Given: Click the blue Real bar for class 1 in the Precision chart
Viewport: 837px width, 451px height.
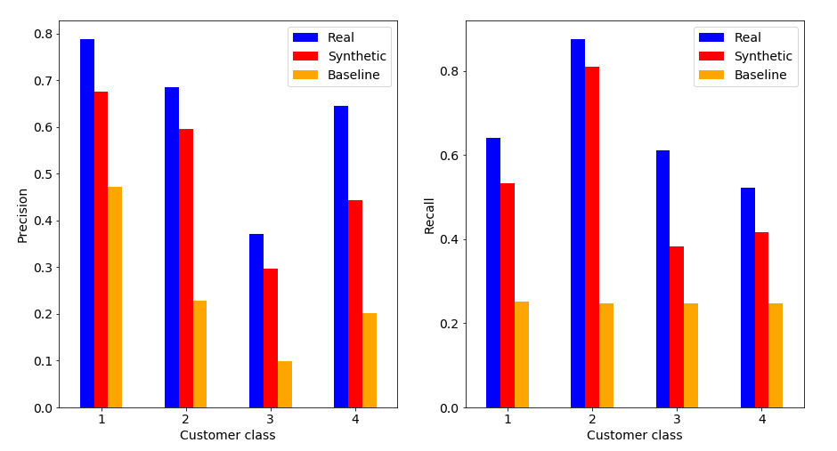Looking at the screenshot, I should coord(87,223).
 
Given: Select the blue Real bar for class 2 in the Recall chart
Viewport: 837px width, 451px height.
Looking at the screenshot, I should coord(578,223).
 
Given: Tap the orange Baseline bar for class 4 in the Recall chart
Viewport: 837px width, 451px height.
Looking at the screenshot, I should coord(776,356).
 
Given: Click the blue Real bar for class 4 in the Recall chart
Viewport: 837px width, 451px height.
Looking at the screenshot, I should coord(748,298).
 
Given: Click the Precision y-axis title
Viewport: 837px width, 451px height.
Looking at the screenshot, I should coord(23,214).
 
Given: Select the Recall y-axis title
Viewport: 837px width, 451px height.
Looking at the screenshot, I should coord(429,215).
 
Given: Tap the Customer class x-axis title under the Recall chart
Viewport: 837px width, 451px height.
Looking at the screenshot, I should coord(634,436).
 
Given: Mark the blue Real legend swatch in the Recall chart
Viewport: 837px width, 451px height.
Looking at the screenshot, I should coord(711,37).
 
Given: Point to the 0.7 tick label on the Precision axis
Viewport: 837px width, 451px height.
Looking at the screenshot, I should coord(41,81).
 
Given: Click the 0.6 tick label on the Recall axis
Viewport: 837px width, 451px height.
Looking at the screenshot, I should coord(448,156).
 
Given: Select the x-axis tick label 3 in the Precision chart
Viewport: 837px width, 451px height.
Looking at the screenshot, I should coord(271,419).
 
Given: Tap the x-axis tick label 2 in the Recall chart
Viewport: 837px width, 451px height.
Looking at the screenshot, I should coord(592,419).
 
